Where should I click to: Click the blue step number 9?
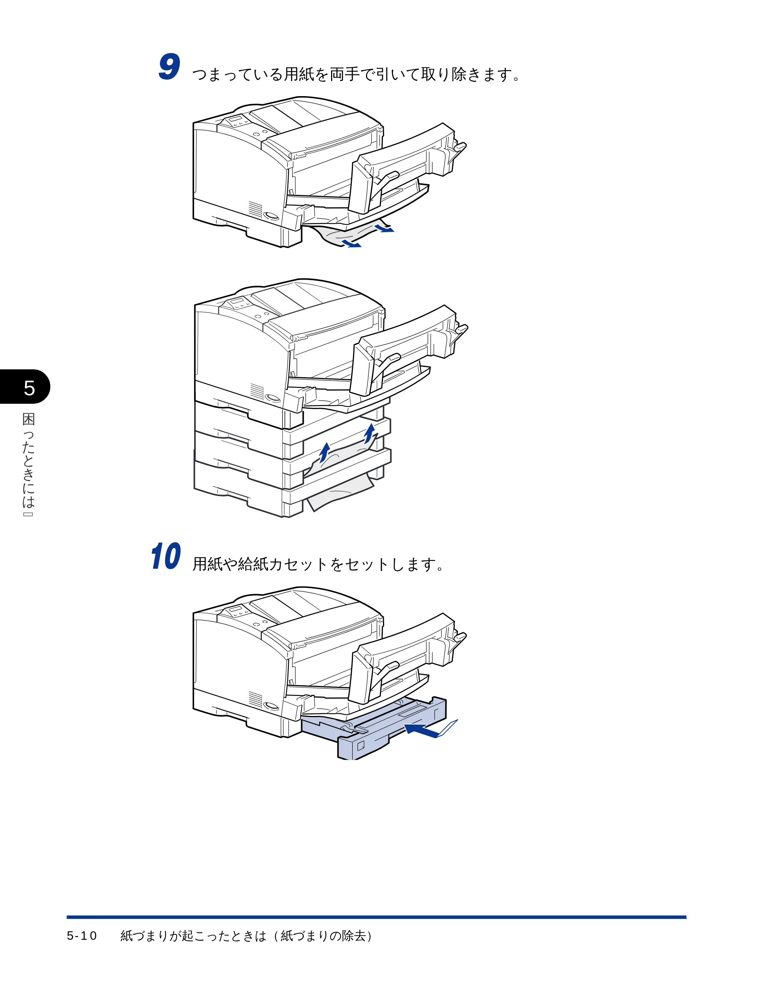click(x=170, y=67)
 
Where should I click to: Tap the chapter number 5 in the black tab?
click(x=30, y=388)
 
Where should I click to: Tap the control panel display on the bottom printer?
click(x=236, y=610)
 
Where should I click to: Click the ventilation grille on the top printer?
click(x=255, y=209)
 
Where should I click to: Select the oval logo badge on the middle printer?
click(x=273, y=398)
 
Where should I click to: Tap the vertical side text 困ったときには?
click(x=28, y=461)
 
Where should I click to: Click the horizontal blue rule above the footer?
click(x=376, y=917)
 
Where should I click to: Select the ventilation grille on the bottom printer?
click(x=255, y=699)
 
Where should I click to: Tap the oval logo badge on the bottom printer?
click(x=271, y=706)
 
